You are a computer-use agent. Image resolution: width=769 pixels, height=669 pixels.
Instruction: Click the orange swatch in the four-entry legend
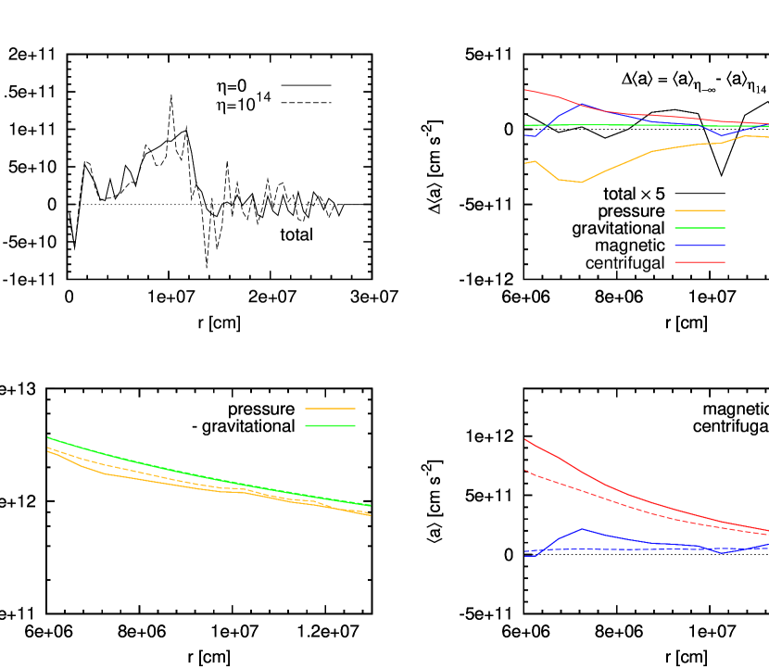[x=700, y=210]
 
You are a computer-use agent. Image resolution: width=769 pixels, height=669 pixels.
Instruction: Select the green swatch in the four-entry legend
[x=700, y=228]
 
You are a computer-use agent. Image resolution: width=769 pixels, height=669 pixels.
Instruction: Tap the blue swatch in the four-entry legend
[x=700, y=246]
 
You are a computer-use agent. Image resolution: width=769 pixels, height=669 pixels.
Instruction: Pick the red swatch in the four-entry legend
[x=700, y=262]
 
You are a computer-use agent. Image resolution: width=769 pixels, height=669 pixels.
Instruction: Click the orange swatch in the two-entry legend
[x=330, y=409]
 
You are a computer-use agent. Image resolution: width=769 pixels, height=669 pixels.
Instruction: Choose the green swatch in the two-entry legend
[x=330, y=425]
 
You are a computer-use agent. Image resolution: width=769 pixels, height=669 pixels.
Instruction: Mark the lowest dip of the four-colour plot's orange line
[x=581, y=183]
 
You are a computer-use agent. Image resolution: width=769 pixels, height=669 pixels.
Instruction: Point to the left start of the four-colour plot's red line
[x=524, y=90]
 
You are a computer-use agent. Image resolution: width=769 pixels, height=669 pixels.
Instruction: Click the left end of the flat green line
[x=524, y=125]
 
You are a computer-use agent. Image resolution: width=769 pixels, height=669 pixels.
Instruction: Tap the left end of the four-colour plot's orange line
[x=524, y=163]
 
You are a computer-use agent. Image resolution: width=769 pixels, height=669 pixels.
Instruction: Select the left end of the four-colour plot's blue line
[x=524, y=135]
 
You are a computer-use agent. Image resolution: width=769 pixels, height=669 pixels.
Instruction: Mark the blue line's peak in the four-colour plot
[x=582, y=105]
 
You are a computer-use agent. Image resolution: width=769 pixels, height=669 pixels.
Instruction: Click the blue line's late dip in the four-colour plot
[x=723, y=136]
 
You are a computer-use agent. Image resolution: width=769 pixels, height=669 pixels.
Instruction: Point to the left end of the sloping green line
[x=48, y=437]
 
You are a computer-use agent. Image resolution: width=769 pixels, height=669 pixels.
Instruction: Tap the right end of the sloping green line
[x=371, y=505]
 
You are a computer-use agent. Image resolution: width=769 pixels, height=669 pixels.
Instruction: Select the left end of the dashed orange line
[x=48, y=448]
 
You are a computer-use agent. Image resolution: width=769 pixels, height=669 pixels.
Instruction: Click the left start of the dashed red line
[x=524, y=471]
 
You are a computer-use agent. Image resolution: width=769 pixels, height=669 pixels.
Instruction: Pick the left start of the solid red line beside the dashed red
[x=524, y=439]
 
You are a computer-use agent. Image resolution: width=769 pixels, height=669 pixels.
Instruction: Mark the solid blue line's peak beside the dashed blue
[x=582, y=528]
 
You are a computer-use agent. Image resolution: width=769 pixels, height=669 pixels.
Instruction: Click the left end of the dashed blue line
[x=524, y=551]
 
